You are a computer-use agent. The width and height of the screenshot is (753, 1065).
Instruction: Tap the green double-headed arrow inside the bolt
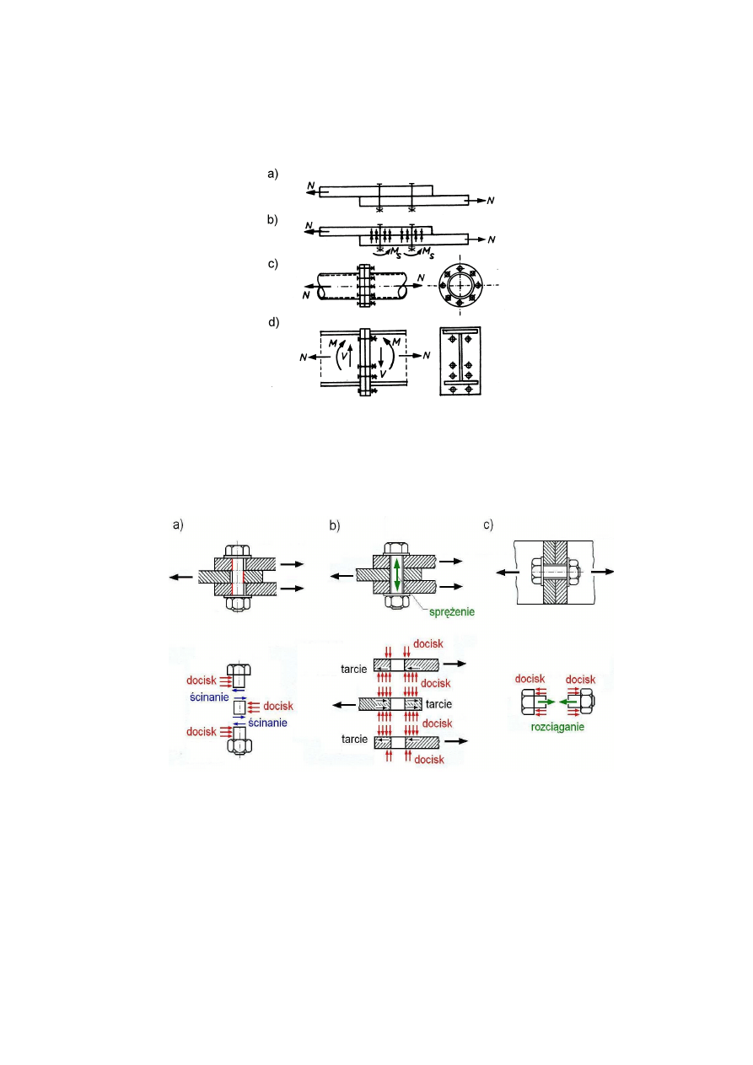395,576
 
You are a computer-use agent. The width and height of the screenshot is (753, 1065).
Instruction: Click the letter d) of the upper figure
272,322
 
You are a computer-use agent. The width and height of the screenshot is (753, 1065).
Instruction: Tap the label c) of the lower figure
489,524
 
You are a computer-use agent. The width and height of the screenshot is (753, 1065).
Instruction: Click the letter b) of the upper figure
272,219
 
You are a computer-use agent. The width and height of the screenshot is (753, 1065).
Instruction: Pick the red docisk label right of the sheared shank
277,706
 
